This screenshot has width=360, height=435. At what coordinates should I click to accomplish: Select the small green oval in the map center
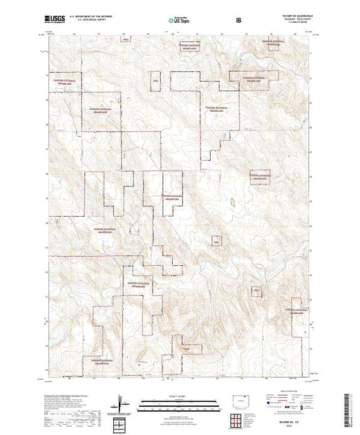[x=233, y=200]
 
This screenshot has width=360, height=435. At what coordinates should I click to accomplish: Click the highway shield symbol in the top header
[x=239, y=19]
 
